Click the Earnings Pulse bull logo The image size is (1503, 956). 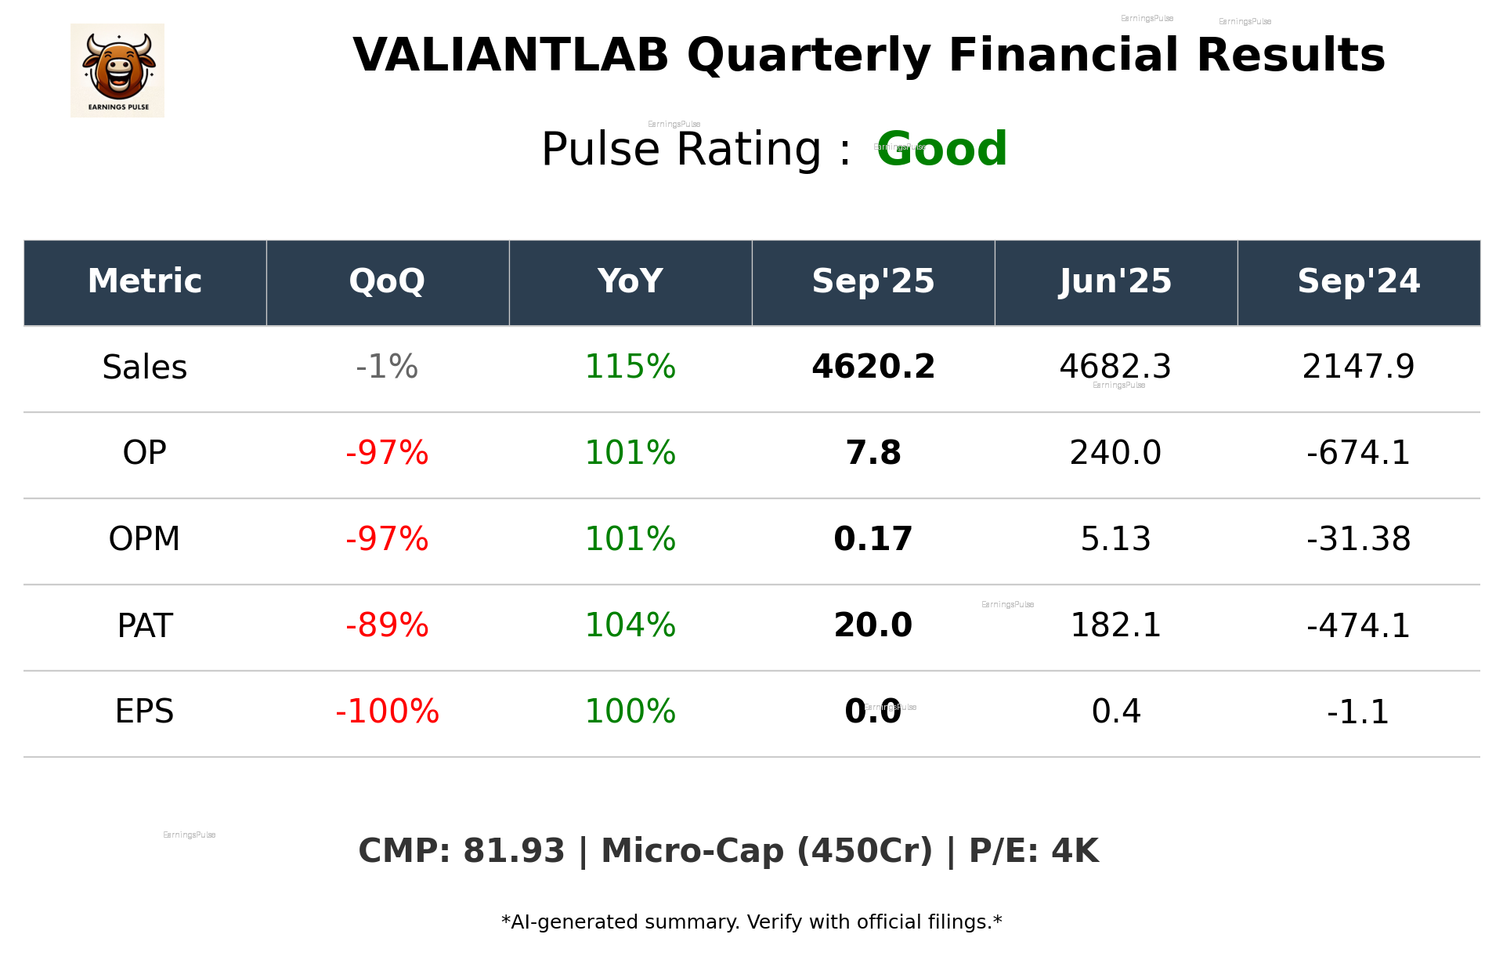coord(117,71)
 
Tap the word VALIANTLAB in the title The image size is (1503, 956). coord(511,56)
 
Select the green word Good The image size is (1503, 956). coord(941,149)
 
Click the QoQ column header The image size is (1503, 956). coord(387,281)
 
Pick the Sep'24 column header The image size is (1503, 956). coord(1358,281)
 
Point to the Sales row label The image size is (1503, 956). coord(145,368)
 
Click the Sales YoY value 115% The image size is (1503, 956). coord(630,367)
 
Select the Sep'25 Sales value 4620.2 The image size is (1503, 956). coord(873,367)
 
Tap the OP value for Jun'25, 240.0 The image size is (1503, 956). coord(1115,453)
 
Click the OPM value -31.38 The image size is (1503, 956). coord(1358,539)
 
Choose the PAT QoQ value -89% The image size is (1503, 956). coord(387,625)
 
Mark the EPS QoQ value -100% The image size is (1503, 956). coord(387,712)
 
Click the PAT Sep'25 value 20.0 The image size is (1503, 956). coord(873,625)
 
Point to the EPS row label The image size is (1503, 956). coord(145,712)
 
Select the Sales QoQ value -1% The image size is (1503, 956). coord(387,367)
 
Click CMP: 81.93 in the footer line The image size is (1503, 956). coord(461,851)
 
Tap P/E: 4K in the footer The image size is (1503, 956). coord(1034,851)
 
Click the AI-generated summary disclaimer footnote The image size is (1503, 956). coord(751,922)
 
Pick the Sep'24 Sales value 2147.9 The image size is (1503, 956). coord(1358,367)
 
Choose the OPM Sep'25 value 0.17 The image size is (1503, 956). coord(873,539)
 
